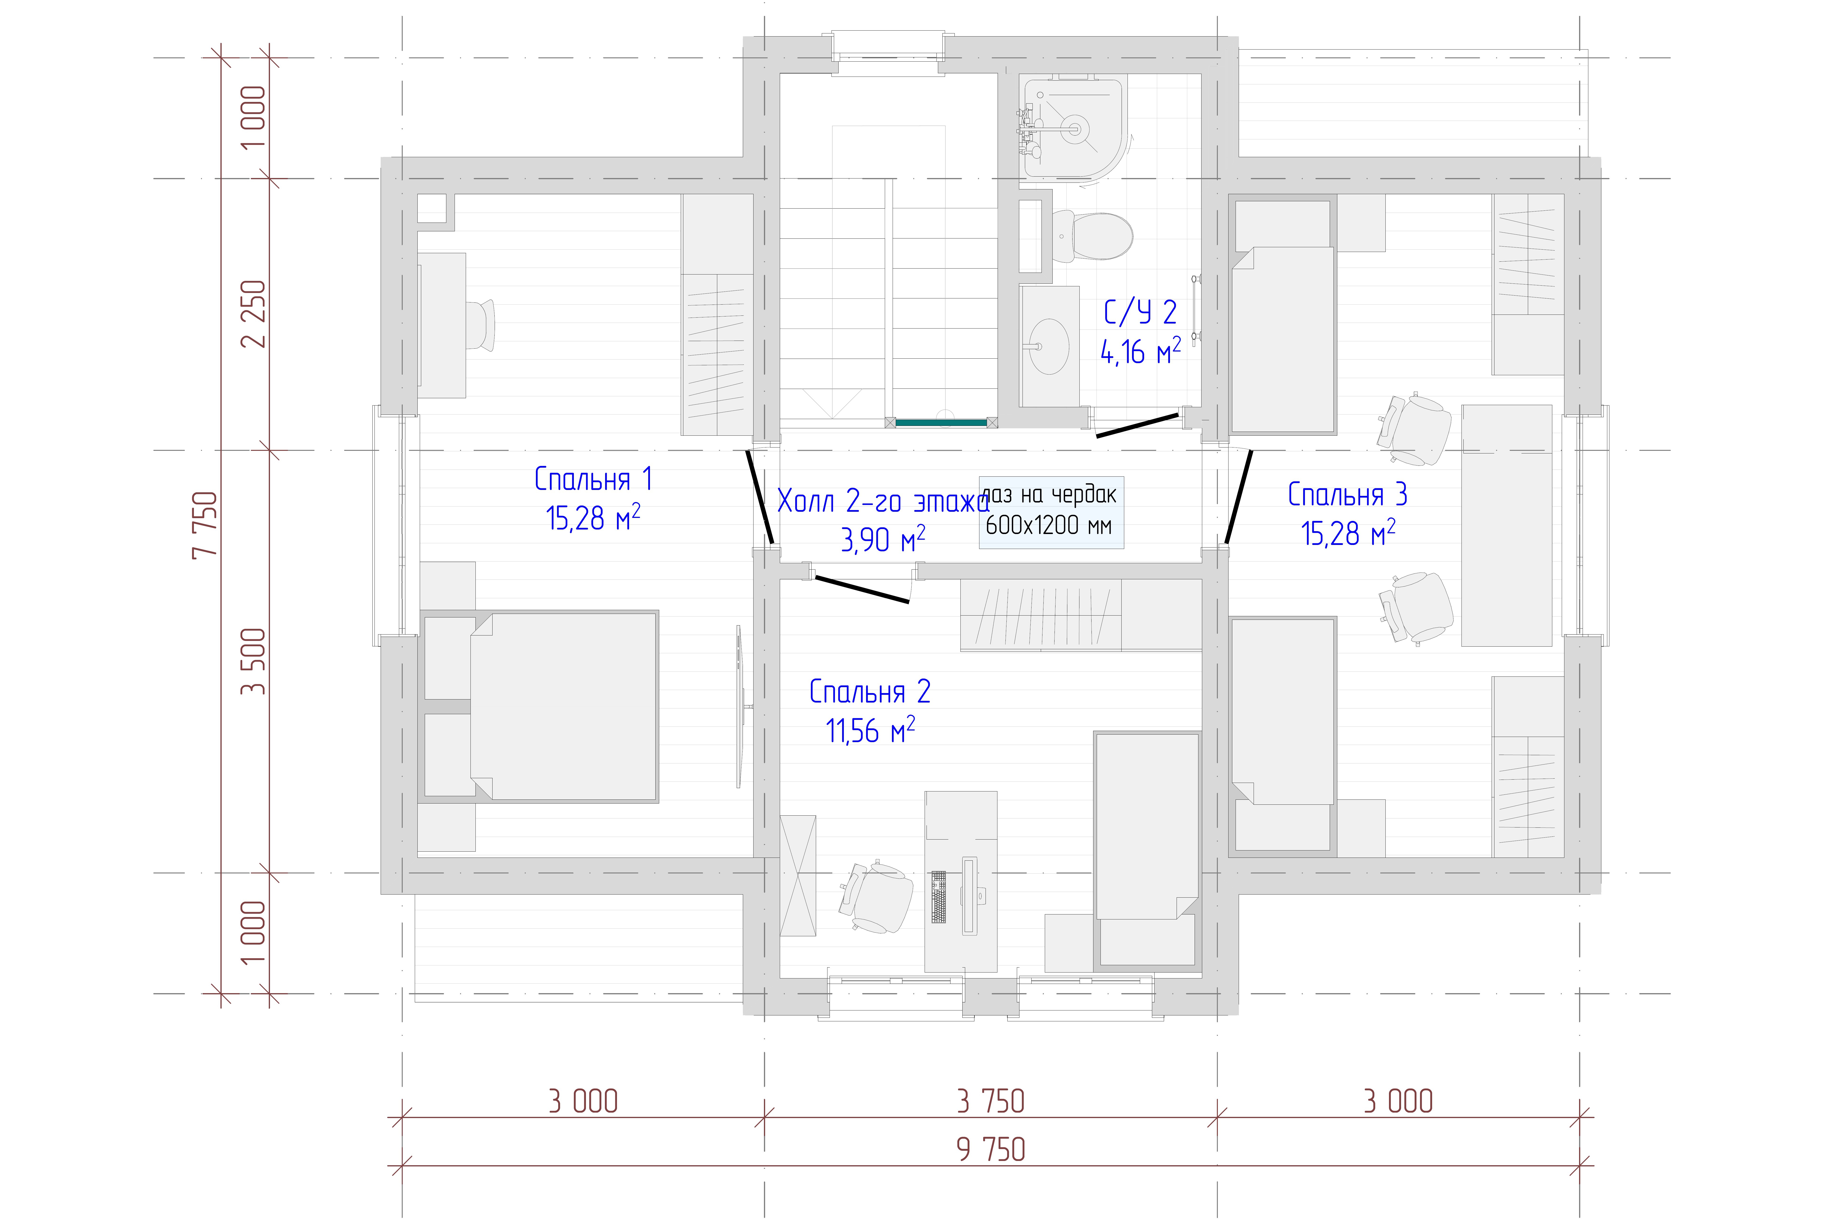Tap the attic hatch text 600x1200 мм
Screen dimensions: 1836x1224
coord(1048,525)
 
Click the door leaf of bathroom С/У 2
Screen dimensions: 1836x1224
coord(1137,425)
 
